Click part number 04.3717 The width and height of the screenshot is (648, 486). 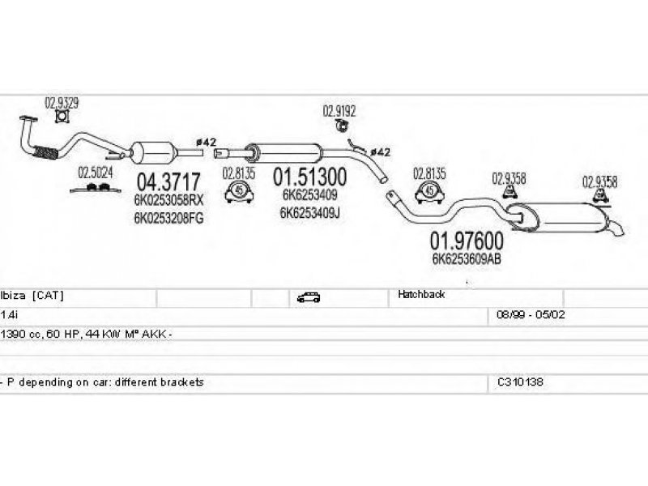(168, 181)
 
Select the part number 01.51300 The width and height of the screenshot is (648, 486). (310, 177)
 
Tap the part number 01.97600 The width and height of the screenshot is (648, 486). (467, 241)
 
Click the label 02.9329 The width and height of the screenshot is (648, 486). (62, 103)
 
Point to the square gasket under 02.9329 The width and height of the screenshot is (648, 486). (62, 117)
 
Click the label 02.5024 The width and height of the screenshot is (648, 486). (96, 173)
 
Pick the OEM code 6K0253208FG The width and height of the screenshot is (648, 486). (168, 218)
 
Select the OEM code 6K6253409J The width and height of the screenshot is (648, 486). (310, 213)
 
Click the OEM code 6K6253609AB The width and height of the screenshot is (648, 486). (467, 258)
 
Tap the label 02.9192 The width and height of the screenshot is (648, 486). (339, 111)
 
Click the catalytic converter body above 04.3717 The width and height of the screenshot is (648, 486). (152, 152)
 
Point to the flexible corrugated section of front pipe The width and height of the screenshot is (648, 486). (45, 152)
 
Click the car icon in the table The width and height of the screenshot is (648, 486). (309, 297)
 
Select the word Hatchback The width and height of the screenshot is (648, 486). (421, 294)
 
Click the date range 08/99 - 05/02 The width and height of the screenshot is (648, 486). (531, 314)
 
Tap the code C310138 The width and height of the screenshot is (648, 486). (520, 382)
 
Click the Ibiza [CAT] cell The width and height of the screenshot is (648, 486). (32, 295)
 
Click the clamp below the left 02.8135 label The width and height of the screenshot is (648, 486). (239, 192)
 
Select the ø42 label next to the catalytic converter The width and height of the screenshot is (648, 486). (206, 143)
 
